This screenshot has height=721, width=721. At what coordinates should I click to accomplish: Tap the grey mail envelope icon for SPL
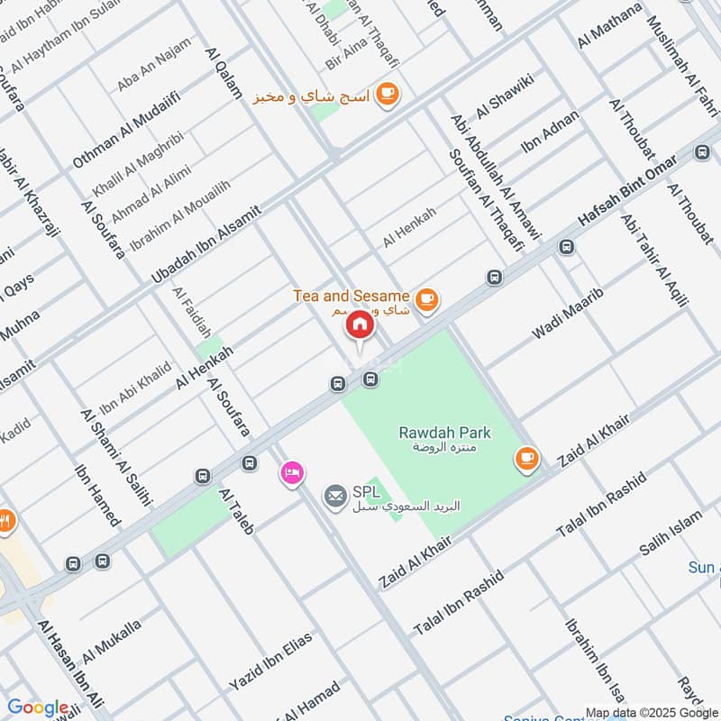point(336,495)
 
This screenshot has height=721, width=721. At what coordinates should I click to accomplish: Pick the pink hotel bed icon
point(290,472)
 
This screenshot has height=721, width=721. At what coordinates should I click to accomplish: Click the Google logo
point(38,707)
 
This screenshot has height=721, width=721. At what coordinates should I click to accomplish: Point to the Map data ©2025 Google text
point(651,711)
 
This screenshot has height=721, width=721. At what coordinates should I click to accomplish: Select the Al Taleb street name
point(236,512)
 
